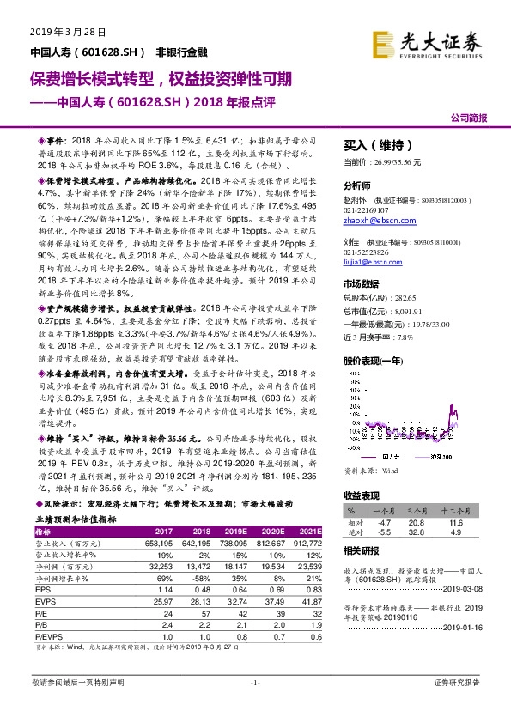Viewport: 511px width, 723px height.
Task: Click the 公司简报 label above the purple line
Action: (468, 117)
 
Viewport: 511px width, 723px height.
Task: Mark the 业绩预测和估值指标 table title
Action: (76, 520)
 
